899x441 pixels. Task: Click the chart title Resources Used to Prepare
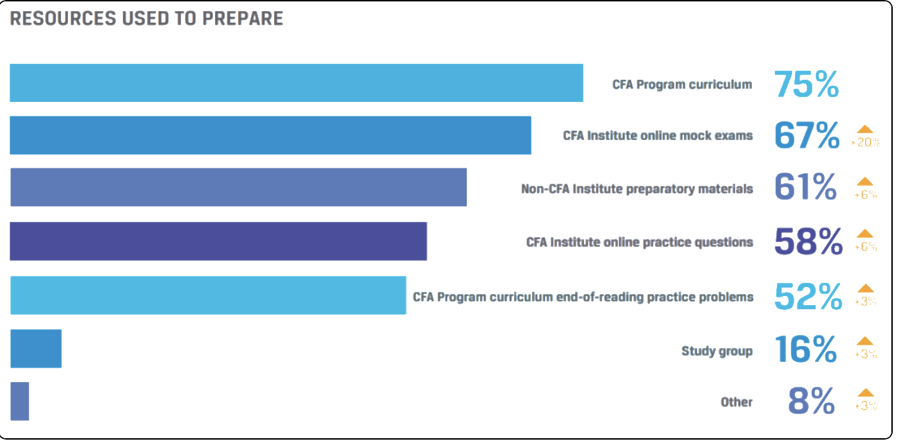(146, 19)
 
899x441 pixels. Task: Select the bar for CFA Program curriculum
(296, 83)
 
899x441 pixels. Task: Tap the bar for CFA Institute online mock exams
(271, 135)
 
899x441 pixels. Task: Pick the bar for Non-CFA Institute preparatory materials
(238, 187)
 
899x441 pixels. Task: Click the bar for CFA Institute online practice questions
(219, 241)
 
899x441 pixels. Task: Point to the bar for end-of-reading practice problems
(208, 295)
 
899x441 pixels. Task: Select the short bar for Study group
(36, 349)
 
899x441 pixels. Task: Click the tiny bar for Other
(20, 401)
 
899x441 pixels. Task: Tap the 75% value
(806, 85)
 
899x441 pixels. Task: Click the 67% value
(807, 136)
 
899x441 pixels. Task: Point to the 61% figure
(805, 188)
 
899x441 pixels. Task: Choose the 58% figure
(808, 242)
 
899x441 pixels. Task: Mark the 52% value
(807, 296)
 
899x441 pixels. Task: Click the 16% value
(806, 350)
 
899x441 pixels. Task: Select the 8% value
(812, 401)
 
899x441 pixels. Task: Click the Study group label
(717, 351)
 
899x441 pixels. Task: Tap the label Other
(736, 402)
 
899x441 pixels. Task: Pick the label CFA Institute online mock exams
(658, 136)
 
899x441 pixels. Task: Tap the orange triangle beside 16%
(865, 341)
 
